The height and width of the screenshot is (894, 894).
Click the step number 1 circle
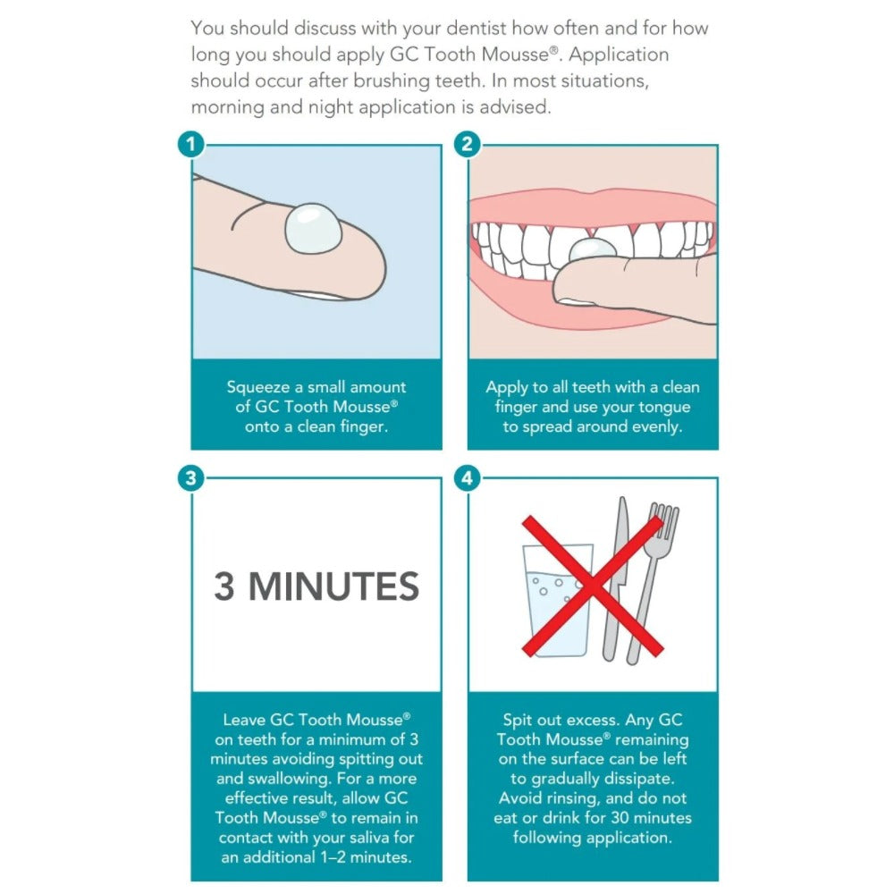[191, 144]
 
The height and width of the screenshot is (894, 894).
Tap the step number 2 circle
[467, 144]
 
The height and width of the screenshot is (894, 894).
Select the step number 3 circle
[191, 477]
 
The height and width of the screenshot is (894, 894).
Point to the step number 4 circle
[467, 477]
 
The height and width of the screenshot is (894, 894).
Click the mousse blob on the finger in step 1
[313, 228]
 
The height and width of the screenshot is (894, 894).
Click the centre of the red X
[593, 586]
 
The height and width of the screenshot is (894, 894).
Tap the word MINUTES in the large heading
[334, 586]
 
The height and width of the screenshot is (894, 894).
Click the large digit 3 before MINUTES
[224, 586]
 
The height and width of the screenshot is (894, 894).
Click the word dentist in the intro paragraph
[477, 28]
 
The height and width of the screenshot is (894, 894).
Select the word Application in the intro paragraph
[619, 55]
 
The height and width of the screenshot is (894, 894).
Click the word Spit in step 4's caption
[517, 721]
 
